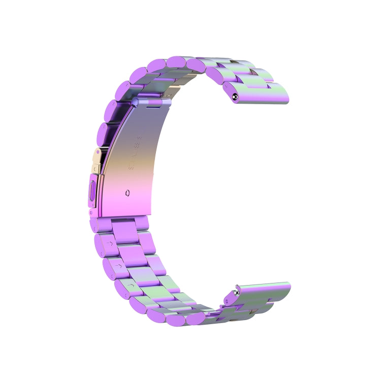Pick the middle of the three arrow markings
point(118,265)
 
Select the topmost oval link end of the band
point(178,61)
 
